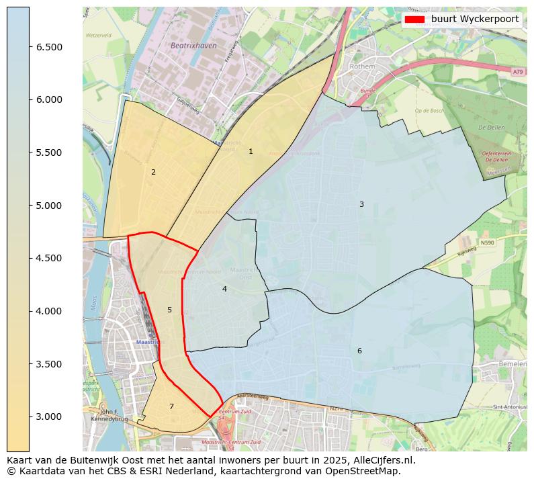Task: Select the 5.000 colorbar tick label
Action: coord(49,205)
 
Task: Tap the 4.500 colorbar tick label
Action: coord(49,258)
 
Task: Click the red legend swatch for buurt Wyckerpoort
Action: coord(414,19)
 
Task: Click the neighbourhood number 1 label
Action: coord(251,152)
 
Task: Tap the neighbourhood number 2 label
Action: coord(153,173)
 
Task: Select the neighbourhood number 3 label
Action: coord(361,204)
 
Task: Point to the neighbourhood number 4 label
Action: coord(224,289)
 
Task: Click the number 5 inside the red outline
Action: coord(169,310)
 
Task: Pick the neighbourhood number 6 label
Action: coord(359,351)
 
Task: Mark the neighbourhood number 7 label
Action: coord(171,406)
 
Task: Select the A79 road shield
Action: coord(517,72)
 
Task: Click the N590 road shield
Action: coord(487,243)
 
